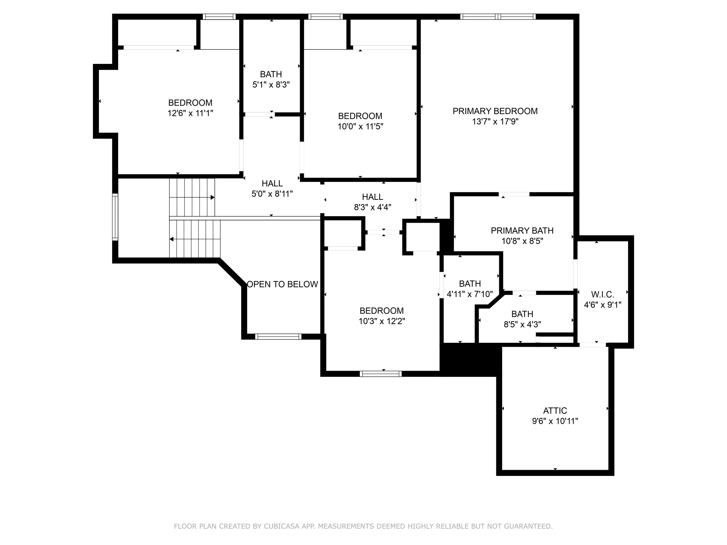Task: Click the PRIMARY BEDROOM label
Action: (x=495, y=111)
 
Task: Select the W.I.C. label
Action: (x=602, y=294)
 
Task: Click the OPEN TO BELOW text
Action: (x=282, y=284)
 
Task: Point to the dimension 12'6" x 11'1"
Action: (x=190, y=113)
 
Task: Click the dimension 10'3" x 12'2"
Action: (x=382, y=321)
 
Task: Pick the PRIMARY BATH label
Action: (x=522, y=231)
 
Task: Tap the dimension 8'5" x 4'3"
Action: (x=522, y=325)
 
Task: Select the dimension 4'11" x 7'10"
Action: (x=470, y=294)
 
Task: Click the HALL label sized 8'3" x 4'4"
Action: (x=372, y=197)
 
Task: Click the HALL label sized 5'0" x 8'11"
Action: (x=272, y=183)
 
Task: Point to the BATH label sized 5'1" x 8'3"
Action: (x=271, y=74)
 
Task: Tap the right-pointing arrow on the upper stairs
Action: (x=212, y=197)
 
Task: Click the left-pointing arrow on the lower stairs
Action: (x=172, y=239)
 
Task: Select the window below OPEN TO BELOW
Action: (x=278, y=336)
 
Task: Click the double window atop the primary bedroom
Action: (x=498, y=17)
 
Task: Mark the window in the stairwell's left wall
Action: (x=115, y=217)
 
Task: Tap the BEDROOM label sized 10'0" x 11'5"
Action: (x=360, y=116)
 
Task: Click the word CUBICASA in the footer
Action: (x=281, y=526)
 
